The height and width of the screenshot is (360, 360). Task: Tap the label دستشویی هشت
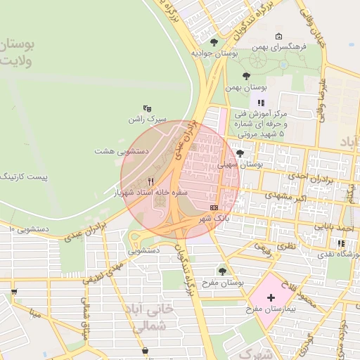(120, 151)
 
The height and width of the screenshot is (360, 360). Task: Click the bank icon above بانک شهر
(214, 207)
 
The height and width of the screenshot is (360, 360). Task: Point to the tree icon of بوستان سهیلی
(240, 153)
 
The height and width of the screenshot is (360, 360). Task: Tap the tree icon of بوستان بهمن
(245, 76)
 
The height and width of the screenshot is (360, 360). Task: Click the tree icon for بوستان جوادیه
(214, 42)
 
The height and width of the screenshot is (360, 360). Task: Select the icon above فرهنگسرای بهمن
(279, 37)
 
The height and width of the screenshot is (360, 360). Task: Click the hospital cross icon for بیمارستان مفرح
(271, 298)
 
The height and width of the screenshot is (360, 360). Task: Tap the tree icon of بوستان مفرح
(223, 271)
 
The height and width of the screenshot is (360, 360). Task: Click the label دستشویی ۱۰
(28, 229)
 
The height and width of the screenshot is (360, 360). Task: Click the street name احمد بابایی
(333, 228)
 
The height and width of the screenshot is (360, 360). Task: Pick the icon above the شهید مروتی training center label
(261, 103)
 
